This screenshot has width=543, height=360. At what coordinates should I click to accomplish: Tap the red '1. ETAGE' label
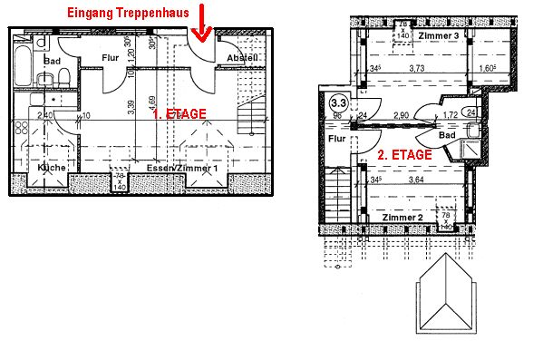tap(179, 114)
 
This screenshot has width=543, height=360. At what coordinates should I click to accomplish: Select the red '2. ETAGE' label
tap(404, 155)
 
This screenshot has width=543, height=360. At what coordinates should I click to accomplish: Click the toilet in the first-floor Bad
tap(62, 82)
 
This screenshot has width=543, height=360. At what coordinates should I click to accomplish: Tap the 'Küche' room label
tap(49, 169)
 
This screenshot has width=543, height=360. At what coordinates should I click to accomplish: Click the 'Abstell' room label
tap(242, 58)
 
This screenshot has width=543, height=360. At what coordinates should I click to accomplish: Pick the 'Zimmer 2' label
tap(402, 219)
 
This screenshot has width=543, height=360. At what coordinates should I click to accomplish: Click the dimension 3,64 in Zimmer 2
tap(416, 180)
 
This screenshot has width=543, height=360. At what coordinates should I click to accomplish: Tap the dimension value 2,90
tap(403, 116)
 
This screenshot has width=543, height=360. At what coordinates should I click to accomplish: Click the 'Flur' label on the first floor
tap(111, 57)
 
